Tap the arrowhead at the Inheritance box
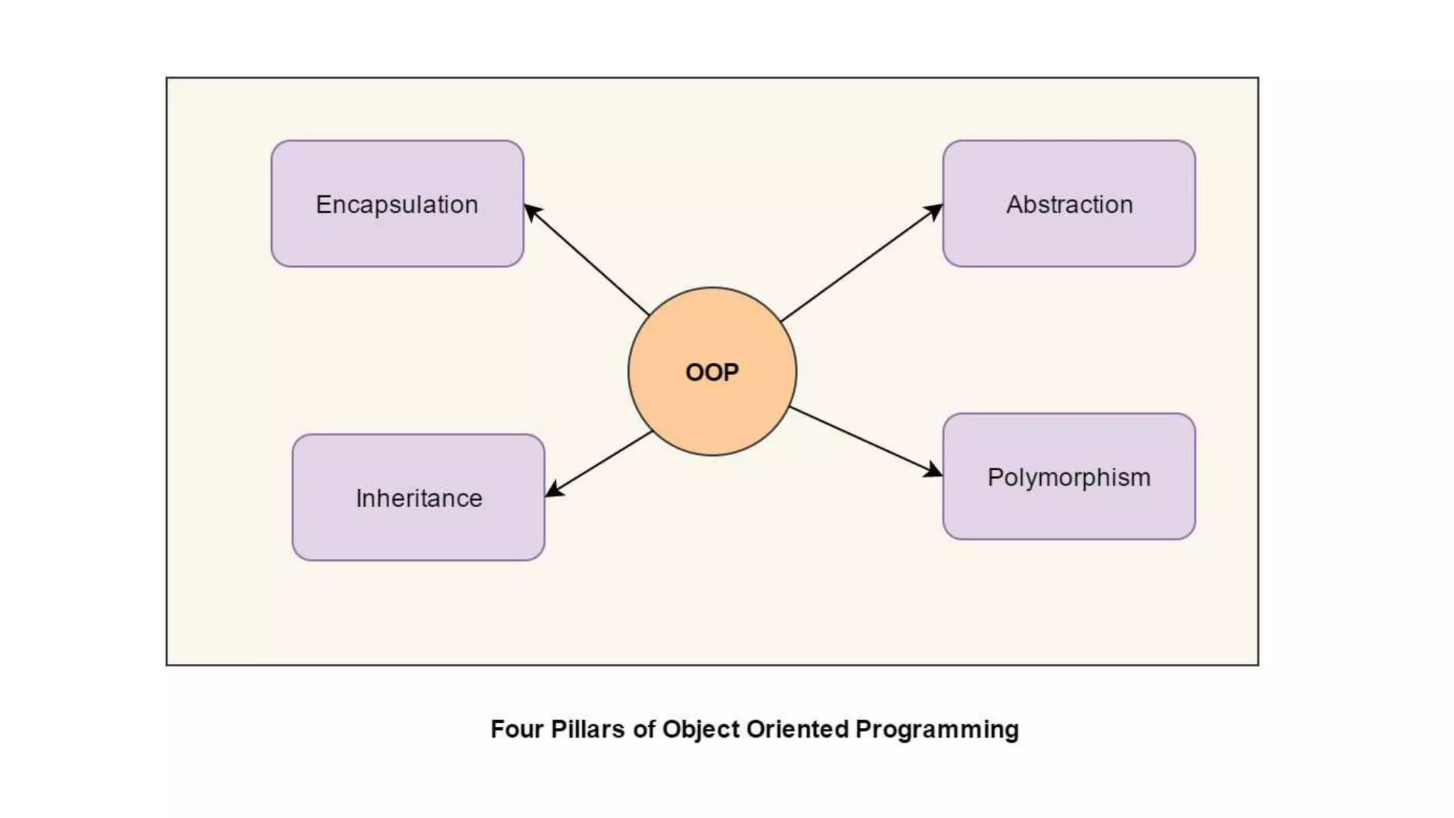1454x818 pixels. point(553,491)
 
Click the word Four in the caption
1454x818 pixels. point(516,729)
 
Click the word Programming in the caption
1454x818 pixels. point(937,730)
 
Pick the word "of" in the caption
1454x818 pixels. point(643,729)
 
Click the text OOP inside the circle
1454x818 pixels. point(712,372)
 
